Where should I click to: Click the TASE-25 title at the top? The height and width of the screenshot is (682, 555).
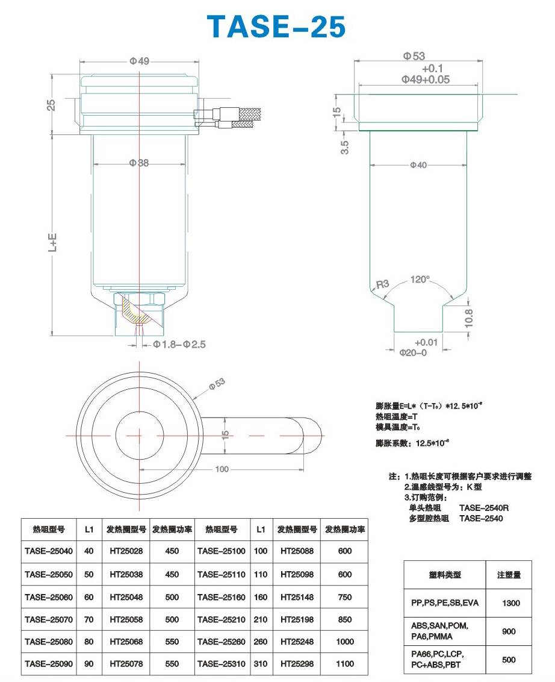click(x=276, y=26)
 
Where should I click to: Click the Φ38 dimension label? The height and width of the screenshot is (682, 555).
click(x=139, y=163)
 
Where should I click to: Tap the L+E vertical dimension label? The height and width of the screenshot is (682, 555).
click(x=52, y=243)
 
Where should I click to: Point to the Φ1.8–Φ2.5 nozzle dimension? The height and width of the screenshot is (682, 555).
click(x=179, y=345)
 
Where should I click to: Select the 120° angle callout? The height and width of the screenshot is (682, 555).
click(x=420, y=279)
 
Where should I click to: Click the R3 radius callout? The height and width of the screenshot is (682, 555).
click(x=382, y=284)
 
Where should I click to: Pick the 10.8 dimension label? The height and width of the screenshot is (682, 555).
click(x=468, y=318)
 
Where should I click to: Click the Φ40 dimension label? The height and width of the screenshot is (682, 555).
click(x=418, y=165)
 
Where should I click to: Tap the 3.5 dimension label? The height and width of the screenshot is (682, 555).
click(x=345, y=148)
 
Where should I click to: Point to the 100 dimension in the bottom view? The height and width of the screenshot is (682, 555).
click(x=222, y=469)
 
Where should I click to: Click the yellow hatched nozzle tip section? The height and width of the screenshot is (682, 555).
click(x=135, y=310)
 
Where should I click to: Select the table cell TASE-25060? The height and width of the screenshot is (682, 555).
click(x=49, y=597)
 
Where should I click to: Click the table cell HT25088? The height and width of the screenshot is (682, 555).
click(x=297, y=551)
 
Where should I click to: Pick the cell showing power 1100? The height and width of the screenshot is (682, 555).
click(x=345, y=664)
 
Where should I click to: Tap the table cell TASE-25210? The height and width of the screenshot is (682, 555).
click(x=222, y=619)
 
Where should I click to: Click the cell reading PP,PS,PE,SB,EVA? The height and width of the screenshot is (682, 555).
click(x=445, y=603)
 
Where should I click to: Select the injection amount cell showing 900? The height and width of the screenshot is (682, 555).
click(x=509, y=631)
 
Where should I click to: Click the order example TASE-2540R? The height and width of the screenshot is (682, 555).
click(x=484, y=508)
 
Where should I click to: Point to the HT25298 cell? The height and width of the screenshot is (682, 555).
click(x=297, y=664)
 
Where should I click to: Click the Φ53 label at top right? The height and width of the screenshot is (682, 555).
click(x=414, y=56)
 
